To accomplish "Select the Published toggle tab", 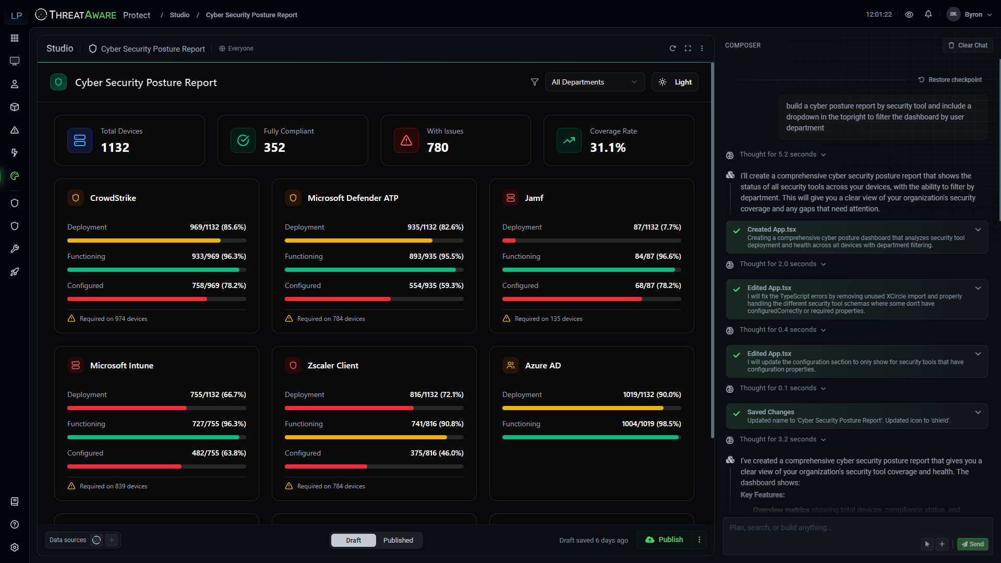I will pyautogui.click(x=398, y=540).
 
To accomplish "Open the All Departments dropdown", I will pyautogui.click(x=594, y=82).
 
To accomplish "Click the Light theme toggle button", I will pyautogui.click(x=675, y=82).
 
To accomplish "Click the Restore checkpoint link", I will pyautogui.click(x=950, y=80).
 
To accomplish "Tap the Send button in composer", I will pyautogui.click(x=972, y=544).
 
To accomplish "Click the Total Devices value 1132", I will pyautogui.click(x=115, y=148).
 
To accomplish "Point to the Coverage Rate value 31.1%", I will pyautogui.click(x=608, y=148).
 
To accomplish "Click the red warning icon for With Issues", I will pyautogui.click(x=406, y=140).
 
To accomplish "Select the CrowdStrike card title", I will pyautogui.click(x=113, y=198).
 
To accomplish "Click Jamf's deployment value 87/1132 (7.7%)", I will pyautogui.click(x=657, y=227).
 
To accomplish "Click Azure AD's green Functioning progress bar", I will pyautogui.click(x=590, y=437).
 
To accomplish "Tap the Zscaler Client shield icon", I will pyautogui.click(x=293, y=365).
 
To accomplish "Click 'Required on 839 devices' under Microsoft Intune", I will pyautogui.click(x=113, y=486).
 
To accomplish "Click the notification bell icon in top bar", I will pyautogui.click(x=928, y=15).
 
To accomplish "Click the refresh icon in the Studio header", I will pyautogui.click(x=672, y=49).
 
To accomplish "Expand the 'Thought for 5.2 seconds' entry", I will pyautogui.click(x=782, y=154).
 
